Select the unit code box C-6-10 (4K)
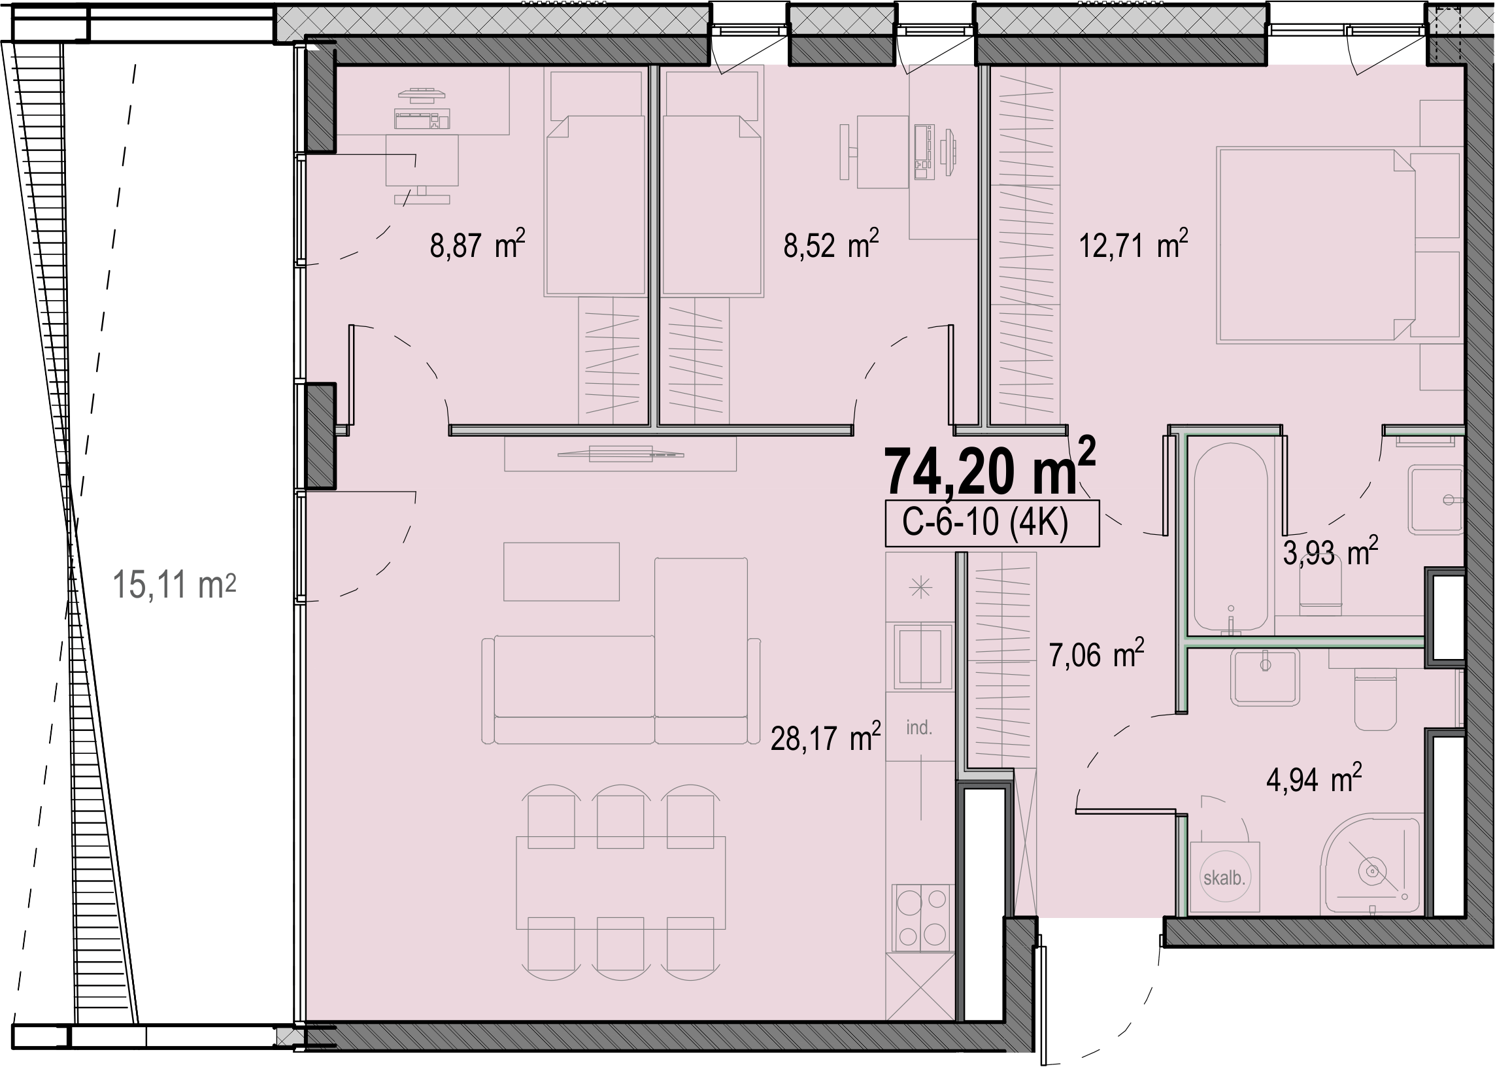(992, 523)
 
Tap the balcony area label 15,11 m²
(175, 585)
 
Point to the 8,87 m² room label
(478, 245)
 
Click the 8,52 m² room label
(831, 245)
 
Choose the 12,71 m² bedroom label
(1133, 245)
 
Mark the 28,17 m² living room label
(826, 738)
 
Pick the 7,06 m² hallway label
(1096, 654)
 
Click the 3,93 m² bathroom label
(1330, 552)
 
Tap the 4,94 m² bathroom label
(1313, 779)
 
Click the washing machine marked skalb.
(1224, 877)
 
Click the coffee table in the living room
(562, 571)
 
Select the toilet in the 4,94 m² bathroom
(1376, 700)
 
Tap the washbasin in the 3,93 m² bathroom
(1436, 499)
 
